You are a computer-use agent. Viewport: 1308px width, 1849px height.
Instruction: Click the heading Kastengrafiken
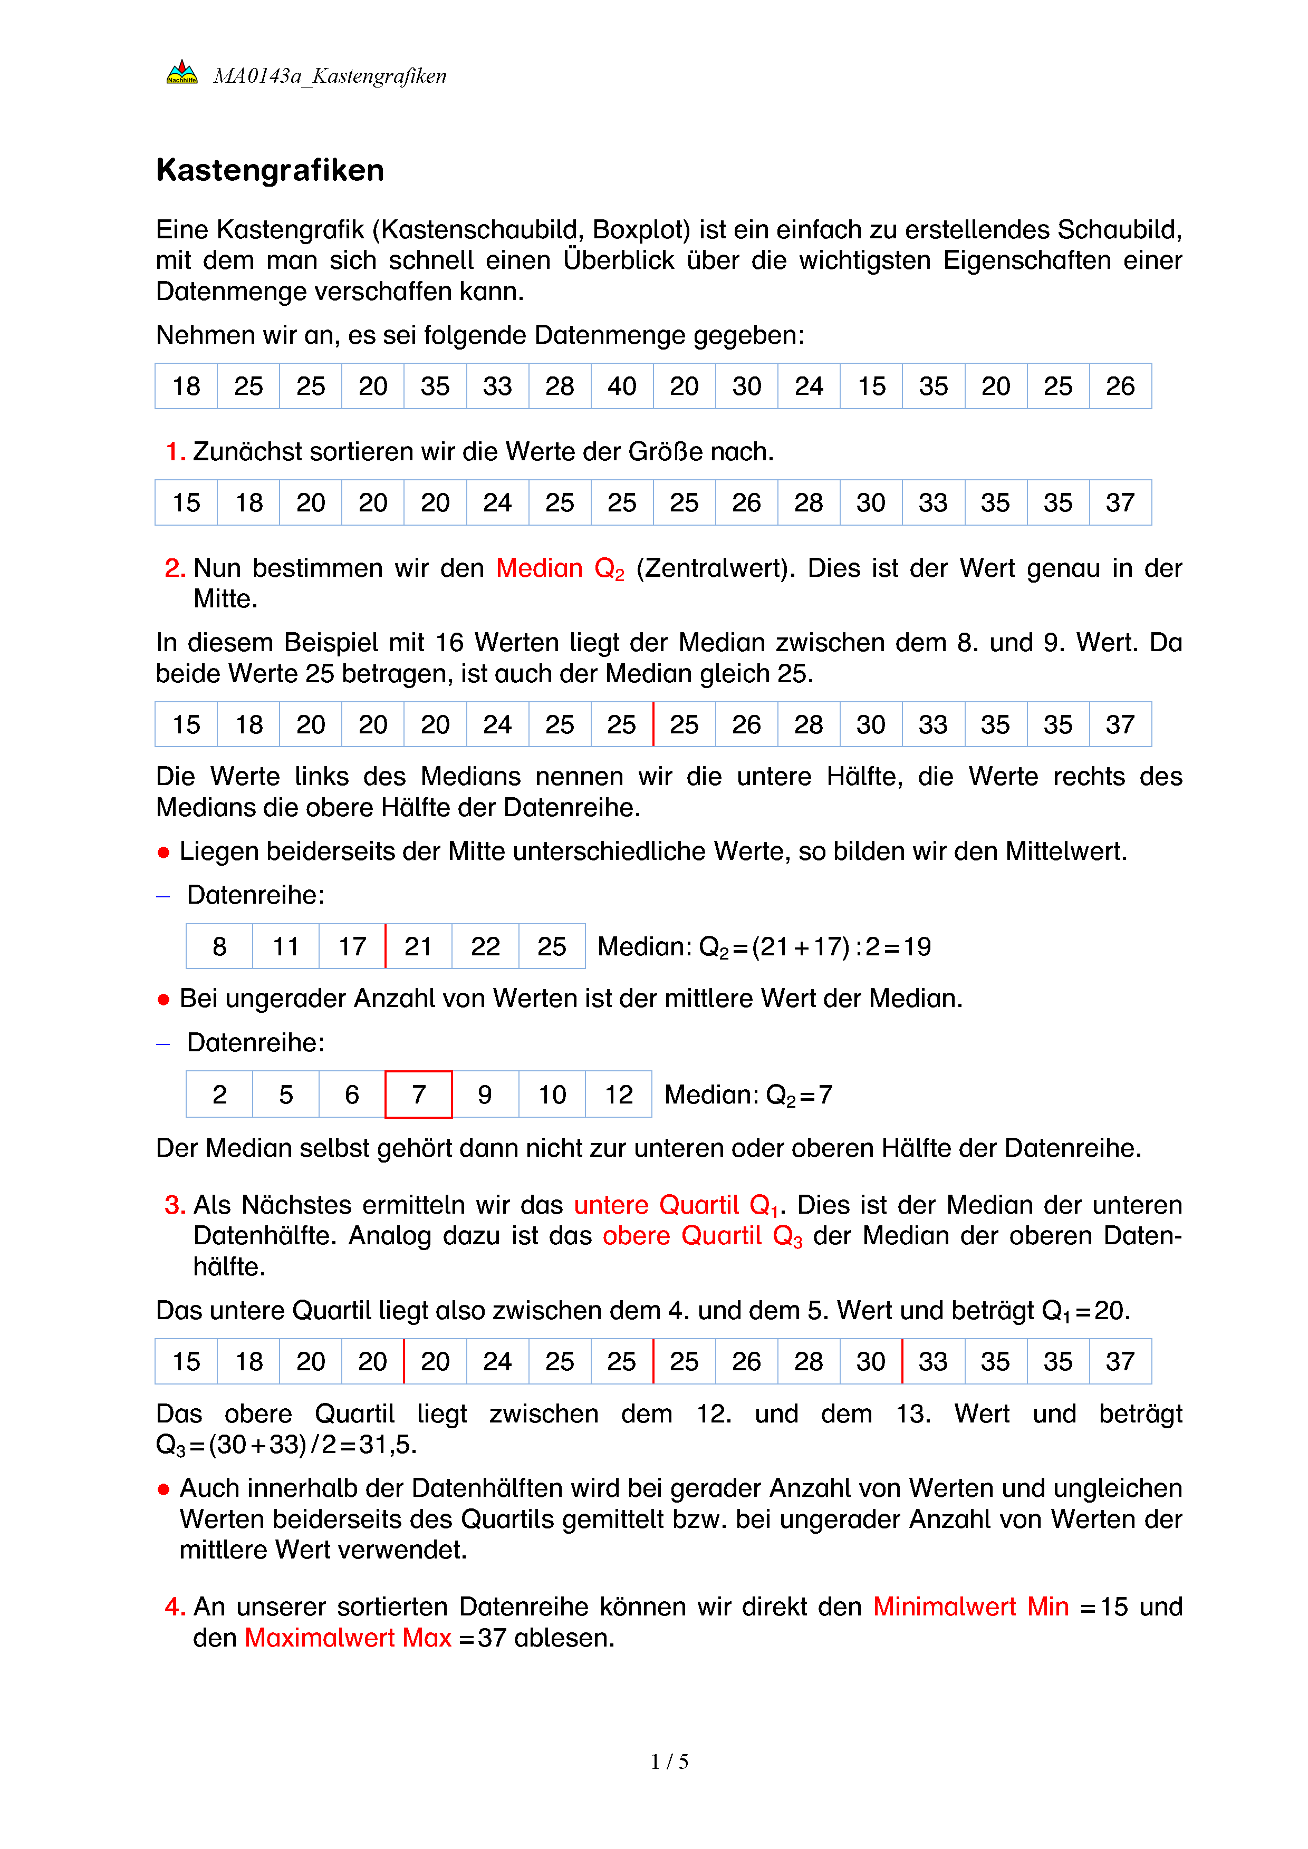click(270, 170)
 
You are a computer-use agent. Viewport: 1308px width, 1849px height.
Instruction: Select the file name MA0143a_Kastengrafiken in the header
click(330, 76)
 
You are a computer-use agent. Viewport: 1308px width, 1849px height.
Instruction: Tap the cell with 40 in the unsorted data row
click(622, 386)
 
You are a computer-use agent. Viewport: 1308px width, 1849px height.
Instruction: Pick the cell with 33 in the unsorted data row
click(497, 386)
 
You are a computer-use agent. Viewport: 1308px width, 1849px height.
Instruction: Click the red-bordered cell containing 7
click(418, 1095)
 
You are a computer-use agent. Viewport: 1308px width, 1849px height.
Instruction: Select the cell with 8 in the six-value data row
click(219, 946)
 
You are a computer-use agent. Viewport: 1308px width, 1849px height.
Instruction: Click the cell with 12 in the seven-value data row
click(619, 1095)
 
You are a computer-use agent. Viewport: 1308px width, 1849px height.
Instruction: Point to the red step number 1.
click(174, 452)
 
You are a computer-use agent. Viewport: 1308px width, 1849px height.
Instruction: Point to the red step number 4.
click(174, 1606)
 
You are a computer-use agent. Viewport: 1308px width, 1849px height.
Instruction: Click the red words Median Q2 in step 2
click(560, 568)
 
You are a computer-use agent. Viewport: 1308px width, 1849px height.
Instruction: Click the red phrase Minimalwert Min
click(970, 1606)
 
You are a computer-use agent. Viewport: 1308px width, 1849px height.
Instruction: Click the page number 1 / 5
click(669, 1761)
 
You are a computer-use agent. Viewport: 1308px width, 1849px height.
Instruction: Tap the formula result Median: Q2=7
click(748, 1095)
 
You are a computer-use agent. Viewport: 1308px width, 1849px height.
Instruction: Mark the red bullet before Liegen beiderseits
click(163, 852)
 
